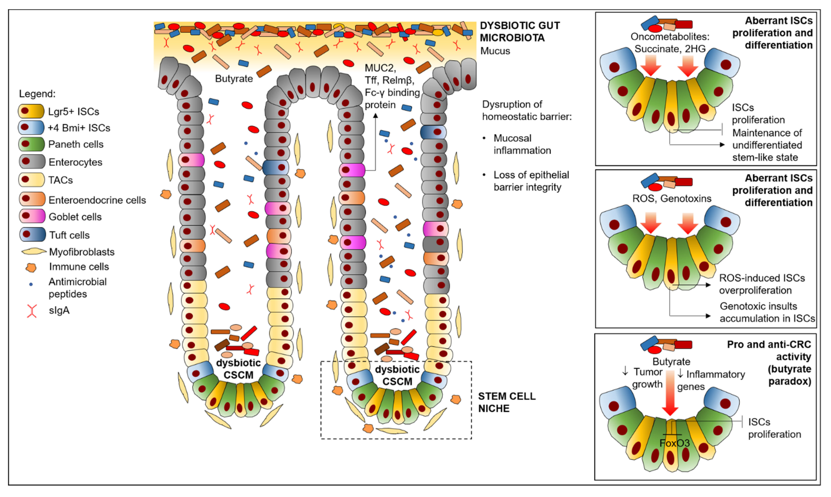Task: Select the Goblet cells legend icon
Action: click(32, 216)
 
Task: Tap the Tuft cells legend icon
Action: click(32, 234)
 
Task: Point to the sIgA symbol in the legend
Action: click(32, 311)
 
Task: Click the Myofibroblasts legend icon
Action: click(34, 252)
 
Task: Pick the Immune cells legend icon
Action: click(31, 267)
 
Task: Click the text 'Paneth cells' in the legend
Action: click(76, 144)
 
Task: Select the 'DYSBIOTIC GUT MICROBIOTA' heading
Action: click(520, 31)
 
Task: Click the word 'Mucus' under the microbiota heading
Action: click(495, 51)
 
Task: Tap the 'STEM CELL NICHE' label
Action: click(506, 402)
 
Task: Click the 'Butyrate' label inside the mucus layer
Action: click(234, 79)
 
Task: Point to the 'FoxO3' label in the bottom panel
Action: click(674, 443)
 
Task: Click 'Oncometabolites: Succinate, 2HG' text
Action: click(670, 43)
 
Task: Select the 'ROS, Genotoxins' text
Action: click(671, 199)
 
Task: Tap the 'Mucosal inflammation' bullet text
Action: click(522, 144)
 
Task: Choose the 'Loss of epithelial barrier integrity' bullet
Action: click(531, 181)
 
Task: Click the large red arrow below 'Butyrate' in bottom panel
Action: click(670, 395)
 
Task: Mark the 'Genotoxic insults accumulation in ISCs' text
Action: click(767, 312)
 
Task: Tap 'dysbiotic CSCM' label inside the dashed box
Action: click(397, 375)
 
